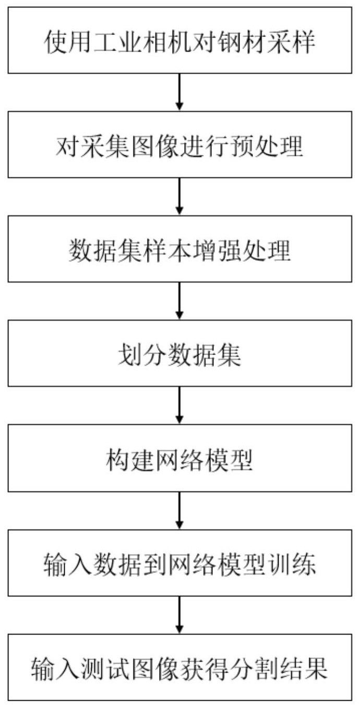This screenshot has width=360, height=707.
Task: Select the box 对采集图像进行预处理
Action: (x=179, y=144)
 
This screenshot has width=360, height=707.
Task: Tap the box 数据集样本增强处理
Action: (x=179, y=249)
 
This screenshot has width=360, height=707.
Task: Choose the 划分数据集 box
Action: (x=179, y=353)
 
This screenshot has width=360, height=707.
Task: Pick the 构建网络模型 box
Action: (x=179, y=458)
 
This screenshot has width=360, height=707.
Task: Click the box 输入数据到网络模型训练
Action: (x=179, y=563)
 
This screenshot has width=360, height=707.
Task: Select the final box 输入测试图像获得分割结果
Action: (x=179, y=667)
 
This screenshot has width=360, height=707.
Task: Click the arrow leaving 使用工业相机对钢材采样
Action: (x=179, y=92)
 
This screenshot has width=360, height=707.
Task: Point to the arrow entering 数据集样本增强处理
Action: (x=179, y=197)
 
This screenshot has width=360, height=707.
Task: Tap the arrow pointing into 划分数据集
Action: (x=179, y=301)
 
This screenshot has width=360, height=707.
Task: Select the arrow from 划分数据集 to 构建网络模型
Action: (x=179, y=405)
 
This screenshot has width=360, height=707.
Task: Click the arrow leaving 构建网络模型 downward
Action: (x=179, y=510)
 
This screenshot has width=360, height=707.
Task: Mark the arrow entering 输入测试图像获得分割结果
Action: (x=179, y=615)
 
